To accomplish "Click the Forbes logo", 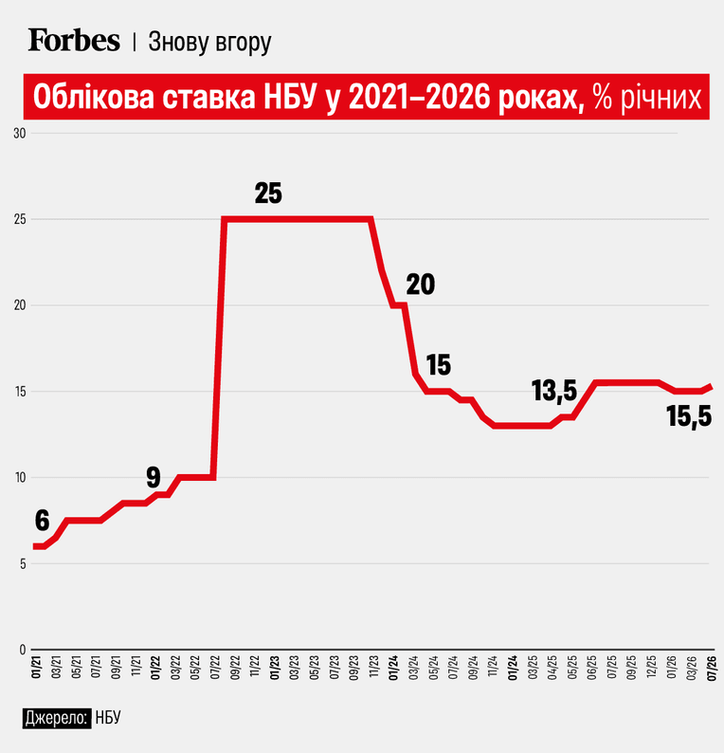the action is [x=74, y=40].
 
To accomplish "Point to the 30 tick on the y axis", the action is [x=20, y=134].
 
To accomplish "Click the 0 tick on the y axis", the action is [x=23, y=650].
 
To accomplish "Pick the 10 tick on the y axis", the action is [x=20, y=478].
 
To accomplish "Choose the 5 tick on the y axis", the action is [x=23, y=563].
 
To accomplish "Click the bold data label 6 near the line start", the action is [x=43, y=521].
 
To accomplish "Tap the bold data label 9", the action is [x=154, y=478].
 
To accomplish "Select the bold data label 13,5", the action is [x=554, y=390].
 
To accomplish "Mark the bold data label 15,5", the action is [x=689, y=416].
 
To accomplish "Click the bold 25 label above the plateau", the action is [x=268, y=193].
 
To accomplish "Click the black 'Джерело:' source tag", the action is [x=57, y=718].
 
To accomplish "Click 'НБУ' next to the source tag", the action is [x=108, y=718].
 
